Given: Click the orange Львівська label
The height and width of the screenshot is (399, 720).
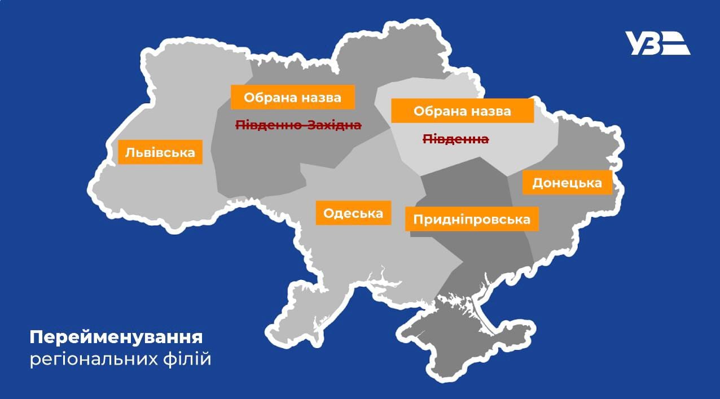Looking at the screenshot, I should pos(160,152).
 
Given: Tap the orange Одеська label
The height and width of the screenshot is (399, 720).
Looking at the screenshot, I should pos(353,213).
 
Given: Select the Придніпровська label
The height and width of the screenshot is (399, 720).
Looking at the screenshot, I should pos(472,219).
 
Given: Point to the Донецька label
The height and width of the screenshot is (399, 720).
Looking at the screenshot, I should pos(567,183).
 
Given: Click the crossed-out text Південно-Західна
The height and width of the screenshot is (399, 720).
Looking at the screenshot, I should pos(298,125).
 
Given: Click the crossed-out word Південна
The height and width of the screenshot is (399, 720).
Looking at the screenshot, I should pos(456,139).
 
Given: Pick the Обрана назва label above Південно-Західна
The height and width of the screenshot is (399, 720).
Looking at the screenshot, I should pos(293,98).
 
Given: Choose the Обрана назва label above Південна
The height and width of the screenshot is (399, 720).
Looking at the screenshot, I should pos(462,111).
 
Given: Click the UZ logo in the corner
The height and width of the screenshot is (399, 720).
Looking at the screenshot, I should pos(657,43).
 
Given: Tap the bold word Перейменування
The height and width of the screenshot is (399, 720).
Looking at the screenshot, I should pos(116,338).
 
